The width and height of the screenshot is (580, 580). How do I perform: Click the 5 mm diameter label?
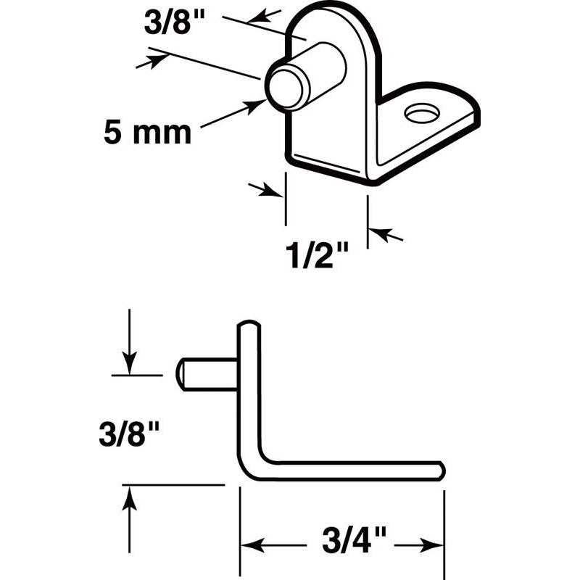click(x=147, y=133)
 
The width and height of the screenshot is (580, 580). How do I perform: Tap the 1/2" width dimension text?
click(x=318, y=255)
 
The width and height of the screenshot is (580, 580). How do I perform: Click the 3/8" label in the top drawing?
click(x=174, y=22)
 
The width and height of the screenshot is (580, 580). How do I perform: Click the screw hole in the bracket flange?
click(x=423, y=113)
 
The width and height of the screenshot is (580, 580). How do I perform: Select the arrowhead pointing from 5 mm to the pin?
click(x=254, y=106)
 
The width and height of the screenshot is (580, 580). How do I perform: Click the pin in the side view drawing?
click(x=207, y=373)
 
